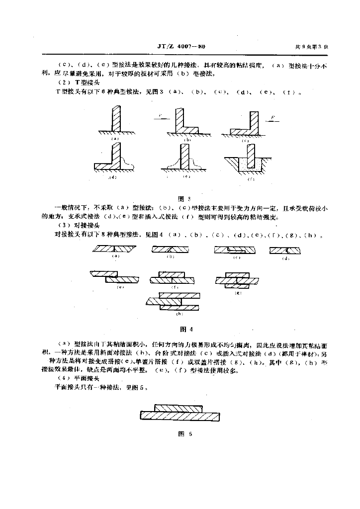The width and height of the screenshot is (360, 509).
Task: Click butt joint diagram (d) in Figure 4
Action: click(284, 250)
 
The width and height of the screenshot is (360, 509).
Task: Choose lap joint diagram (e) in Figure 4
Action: click(117, 276)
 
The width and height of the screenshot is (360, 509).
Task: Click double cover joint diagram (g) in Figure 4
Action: click(237, 279)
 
